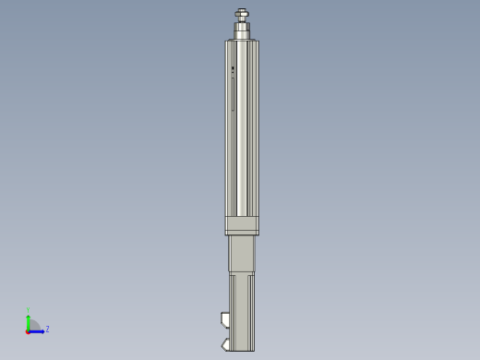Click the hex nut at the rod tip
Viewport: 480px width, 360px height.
(x=242, y=15)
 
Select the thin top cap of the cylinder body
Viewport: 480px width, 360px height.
(x=242, y=41)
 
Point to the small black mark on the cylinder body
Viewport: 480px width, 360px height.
(x=233, y=68)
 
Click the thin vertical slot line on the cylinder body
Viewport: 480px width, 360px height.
(x=233, y=92)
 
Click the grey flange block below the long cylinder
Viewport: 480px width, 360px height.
(x=242, y=225)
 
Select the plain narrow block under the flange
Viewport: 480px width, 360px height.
(x=242, y=254)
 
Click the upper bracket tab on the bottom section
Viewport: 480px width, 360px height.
(x=225, y=319)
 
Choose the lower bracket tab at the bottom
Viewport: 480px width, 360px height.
(x=225, y=345)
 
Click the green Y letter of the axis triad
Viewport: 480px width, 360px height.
(x=29, y=310)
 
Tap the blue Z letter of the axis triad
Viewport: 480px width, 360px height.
(x=47, y=329)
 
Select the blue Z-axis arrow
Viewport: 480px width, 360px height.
(x=39, y=330)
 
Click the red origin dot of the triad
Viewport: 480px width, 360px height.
(x=28, y=330)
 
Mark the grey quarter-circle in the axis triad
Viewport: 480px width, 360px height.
(x=33, y=325)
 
